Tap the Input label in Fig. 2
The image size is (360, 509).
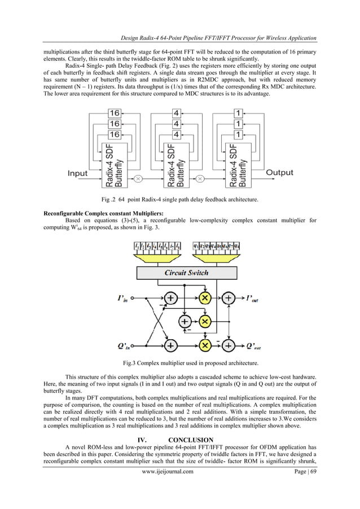click(x=78, y=173)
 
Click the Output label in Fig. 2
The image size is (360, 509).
click(x=279, y=173)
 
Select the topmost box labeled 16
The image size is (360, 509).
click(x=115, y=113)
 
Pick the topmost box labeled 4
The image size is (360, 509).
click(x=177, y=113)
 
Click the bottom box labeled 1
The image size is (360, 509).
click(x=239, y=134)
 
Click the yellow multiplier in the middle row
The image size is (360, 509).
click(x=205, y=321)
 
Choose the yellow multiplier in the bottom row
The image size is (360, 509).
click(x=205, y=344)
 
